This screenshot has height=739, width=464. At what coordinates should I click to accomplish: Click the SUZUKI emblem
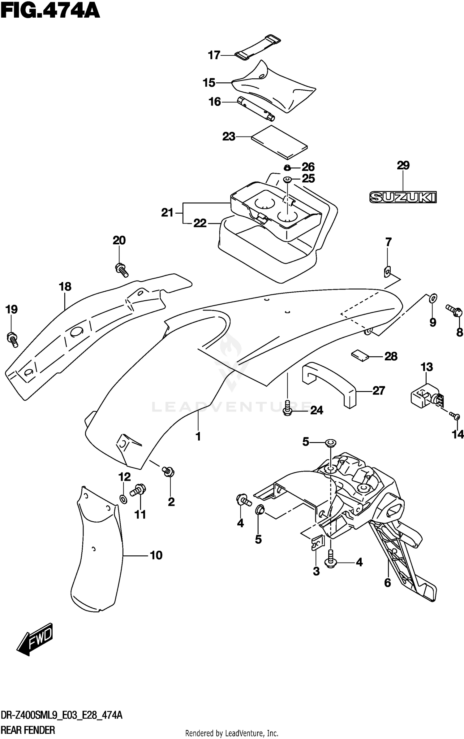click(x=403, y=197)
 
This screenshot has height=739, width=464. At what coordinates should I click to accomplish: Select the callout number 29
click(x=403, y=166)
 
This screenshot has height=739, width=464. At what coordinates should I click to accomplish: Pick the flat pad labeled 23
click(x=279, y=141)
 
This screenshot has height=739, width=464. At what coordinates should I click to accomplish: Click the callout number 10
click(x=156, y=555)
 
